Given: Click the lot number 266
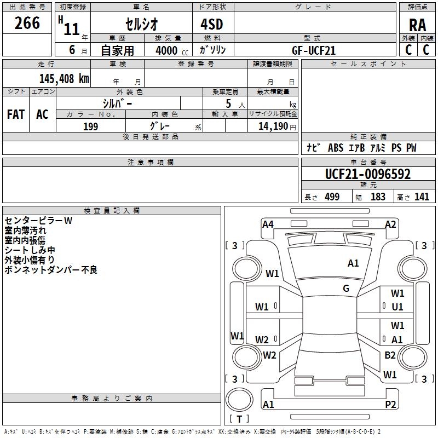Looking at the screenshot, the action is point(27,23).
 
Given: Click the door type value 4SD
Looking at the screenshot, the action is point(213,25).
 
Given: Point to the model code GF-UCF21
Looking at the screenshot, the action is point(314,50).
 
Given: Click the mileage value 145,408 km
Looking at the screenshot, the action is point(64,78).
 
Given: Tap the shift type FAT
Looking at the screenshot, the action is point(15,114).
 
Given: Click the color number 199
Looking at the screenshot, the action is point(90,126).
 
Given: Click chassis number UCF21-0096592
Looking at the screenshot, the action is point(368,174).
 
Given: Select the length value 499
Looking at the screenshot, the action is point(332,197).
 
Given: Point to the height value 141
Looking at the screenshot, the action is point(422,197).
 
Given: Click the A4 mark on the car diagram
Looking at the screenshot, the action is point(268,224).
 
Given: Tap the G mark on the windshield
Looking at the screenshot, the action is point(346,289).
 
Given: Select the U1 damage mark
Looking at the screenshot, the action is point(397,307).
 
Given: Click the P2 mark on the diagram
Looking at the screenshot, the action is point(391,405).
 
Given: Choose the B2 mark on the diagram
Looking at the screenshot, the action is point(390,355).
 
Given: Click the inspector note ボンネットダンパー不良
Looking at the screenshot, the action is point(50,270).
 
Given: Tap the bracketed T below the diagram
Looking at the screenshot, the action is point(239,419).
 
